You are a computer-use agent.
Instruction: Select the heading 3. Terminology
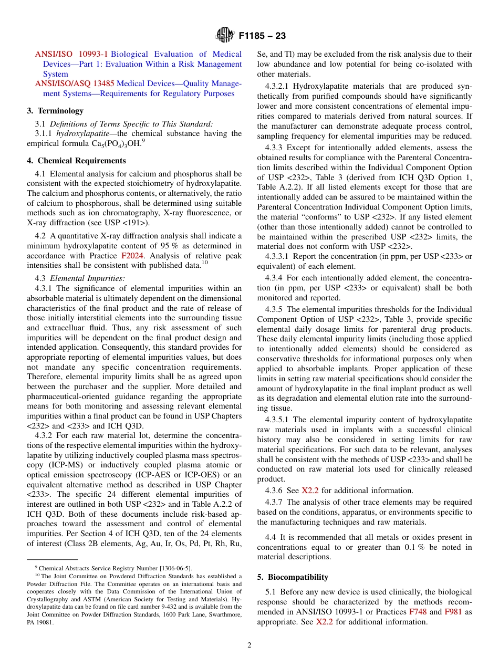pos(55,111)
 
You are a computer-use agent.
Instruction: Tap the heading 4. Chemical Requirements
pos(76,161)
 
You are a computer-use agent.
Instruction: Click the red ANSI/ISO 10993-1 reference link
pos(71,54)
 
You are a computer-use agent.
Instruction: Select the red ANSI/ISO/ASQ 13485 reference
pos(75,83)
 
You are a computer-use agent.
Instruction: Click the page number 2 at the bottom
pos(250,645)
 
